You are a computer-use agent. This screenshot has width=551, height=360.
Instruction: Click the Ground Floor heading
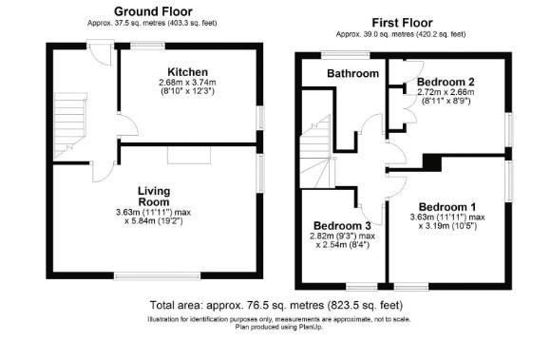coord(153,11)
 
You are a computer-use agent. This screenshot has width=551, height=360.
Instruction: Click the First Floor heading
coord(402,23)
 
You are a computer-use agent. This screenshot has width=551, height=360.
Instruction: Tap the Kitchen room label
coord(188,72)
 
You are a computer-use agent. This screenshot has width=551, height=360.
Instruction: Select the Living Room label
coord(154,197)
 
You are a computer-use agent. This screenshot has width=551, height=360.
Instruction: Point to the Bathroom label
coord(352,73)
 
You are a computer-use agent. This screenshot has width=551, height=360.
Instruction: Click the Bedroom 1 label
coord(447,207)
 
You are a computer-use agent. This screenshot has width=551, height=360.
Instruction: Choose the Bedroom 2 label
coord(446,82)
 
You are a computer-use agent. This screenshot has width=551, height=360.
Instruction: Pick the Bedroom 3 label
coord(342,225)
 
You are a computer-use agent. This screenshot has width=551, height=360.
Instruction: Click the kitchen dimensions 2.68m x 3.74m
coord(187,83)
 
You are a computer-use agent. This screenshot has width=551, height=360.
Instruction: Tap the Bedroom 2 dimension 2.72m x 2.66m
coord(446,92)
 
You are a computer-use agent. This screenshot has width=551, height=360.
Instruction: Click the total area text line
coord(276,305)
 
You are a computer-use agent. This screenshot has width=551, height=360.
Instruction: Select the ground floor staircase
coord(70,125)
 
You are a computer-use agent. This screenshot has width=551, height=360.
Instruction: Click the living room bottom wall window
coord(158,276)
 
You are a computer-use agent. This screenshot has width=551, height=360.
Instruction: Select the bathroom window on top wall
coord(347,55)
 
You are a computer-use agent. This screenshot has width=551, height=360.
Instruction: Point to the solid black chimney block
coord(432,162)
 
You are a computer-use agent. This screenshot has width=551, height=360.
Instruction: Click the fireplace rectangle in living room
coord(189,155)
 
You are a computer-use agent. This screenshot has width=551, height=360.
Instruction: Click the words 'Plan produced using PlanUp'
coord(279,327)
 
